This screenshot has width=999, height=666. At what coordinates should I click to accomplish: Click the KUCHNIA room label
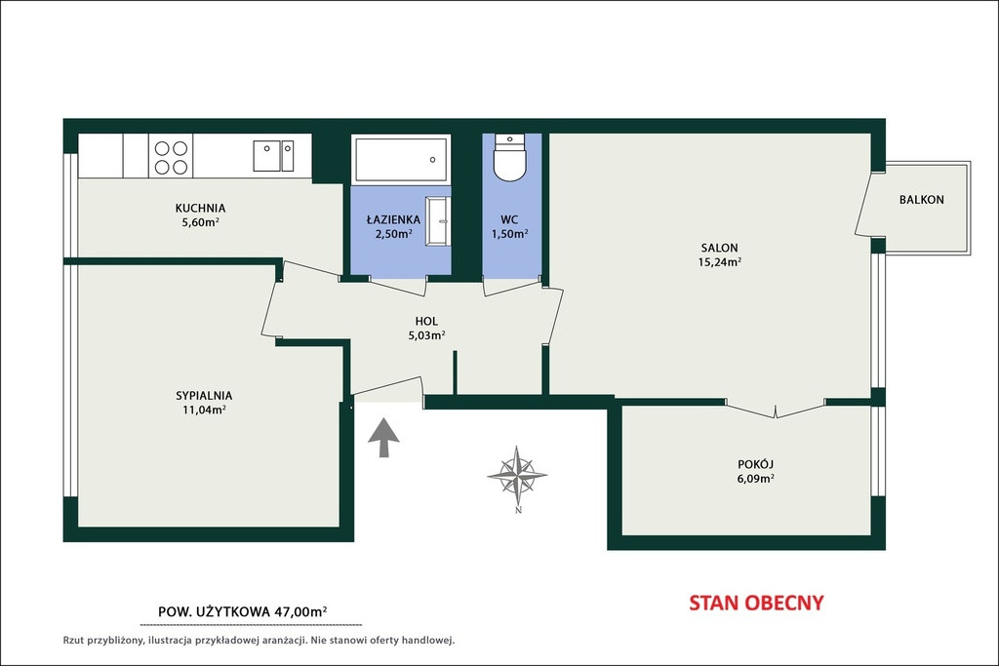[x=200, y=209]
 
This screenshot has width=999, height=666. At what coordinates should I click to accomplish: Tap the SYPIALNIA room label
[x=204, y=396]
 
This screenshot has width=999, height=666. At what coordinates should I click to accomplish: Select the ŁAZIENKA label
[x=393, y=219]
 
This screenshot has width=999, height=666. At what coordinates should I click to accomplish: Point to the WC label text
[x=509, y=220]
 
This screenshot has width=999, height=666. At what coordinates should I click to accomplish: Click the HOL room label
[x=426, y=322]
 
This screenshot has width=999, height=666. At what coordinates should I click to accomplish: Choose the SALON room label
[x=719, y=249]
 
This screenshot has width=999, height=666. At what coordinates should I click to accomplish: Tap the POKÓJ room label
[x=756, y=464]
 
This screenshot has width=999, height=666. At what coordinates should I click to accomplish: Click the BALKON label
[x=921, y=200]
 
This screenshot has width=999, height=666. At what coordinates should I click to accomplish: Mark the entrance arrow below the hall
[x=383, y=438]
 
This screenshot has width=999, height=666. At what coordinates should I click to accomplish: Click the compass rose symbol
[x=517, y=475]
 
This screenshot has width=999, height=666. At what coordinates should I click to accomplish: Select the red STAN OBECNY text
[x=756, y=603]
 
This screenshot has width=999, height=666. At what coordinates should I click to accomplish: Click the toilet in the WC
[x=509, y=157]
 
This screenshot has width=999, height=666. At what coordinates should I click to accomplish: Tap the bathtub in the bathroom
[x=402, y=159]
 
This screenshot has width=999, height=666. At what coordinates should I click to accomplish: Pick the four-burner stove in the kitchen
[x=171, y=157]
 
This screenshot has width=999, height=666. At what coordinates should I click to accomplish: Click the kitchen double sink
[x=273, y=156]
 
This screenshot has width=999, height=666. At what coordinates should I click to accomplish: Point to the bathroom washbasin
[x=438, y=221]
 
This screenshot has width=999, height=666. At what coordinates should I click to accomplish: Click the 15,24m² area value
[x=720, y=262]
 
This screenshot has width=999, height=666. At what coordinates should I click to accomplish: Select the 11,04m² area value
[x=204, y=411]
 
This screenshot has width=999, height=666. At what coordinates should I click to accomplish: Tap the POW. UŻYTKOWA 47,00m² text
[x=242, y=611]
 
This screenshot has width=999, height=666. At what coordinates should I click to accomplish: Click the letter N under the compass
[x=518, y=510]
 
